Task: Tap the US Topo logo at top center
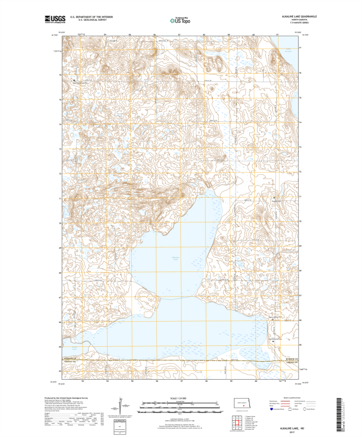[x=180, y=20]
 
